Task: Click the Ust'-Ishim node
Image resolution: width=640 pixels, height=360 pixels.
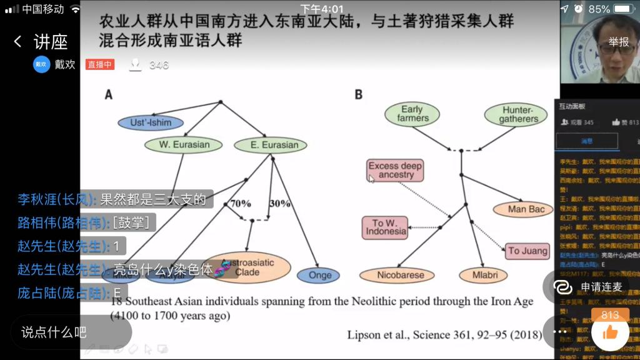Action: pos(150,122)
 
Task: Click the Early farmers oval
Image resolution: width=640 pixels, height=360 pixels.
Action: pos(412,114)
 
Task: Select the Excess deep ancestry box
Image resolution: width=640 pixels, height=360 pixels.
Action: pos(396,170)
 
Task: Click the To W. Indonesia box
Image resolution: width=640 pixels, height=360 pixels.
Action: pos(385,227)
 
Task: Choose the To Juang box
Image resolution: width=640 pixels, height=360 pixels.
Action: pos(527,251)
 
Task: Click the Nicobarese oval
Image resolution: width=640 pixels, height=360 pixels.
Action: pos(400,275)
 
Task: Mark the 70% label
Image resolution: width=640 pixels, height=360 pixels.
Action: pos(241,204)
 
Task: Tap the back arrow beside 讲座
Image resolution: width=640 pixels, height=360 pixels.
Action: pos(17,42)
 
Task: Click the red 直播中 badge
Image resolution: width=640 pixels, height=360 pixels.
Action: pos(100,64)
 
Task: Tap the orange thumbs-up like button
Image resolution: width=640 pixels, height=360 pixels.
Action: pos(610,332)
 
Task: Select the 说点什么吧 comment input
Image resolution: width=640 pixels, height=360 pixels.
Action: pos(54,332)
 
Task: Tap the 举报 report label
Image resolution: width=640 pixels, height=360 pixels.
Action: pos(619,42)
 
